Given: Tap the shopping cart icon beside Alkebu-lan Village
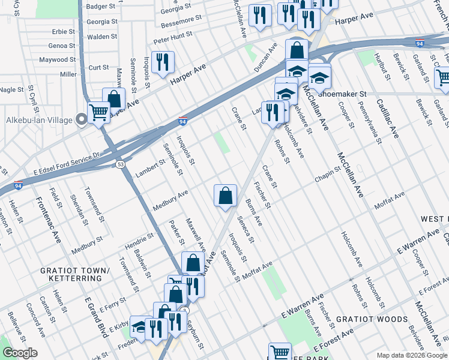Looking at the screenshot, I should (99, 112).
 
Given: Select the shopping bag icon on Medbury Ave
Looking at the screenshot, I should (225, 196).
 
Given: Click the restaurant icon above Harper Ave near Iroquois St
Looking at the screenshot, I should (162, 62).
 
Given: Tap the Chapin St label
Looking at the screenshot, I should (327, 178).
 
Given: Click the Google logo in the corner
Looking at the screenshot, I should (20, 353).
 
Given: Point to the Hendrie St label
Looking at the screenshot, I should (139, 242).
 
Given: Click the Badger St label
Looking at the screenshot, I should (101, 6).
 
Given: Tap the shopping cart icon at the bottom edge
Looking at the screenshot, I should (280, 352).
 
